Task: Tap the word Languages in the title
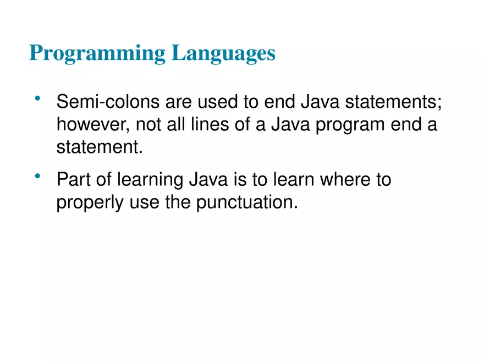pyautogui.click(x=223, y=53)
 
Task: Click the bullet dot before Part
pyautogui.click(x=37, y=176)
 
